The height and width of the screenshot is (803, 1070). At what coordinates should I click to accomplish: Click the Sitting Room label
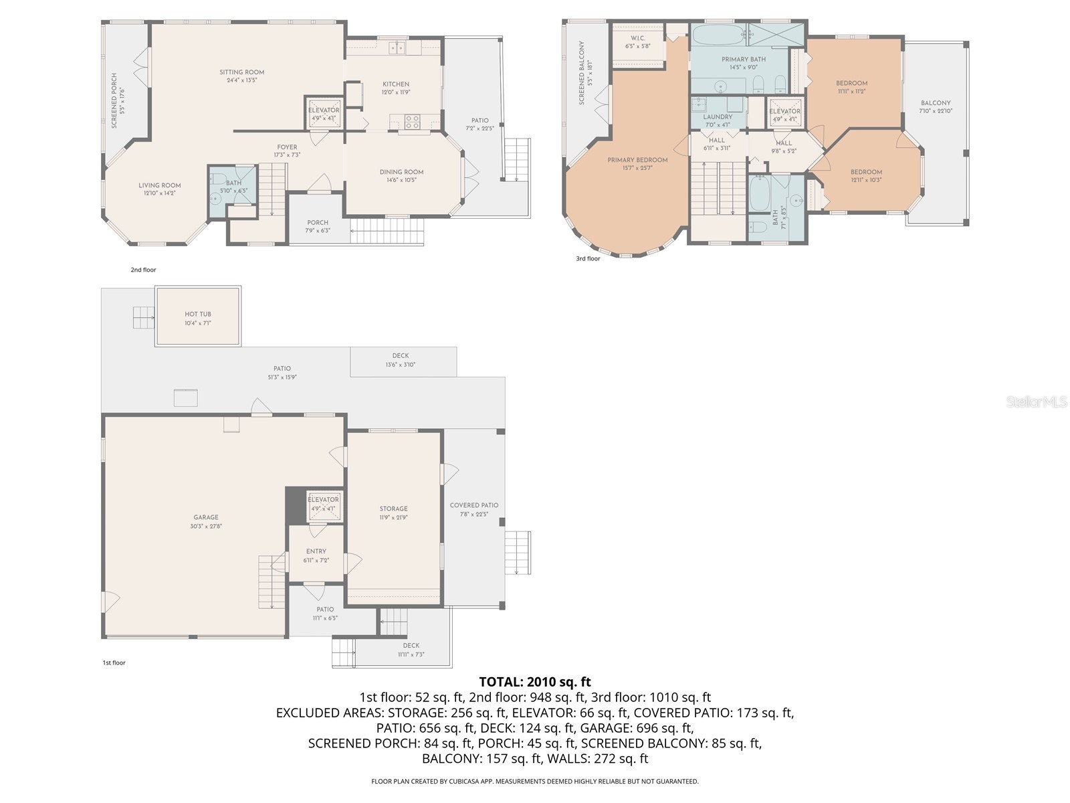242,72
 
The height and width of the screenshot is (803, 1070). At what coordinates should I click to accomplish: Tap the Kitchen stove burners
413,121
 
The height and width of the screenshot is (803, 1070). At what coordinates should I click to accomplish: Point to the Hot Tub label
198,314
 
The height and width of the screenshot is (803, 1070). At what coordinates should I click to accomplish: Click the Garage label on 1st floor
206,517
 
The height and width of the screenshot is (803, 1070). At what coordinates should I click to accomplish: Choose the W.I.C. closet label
637,38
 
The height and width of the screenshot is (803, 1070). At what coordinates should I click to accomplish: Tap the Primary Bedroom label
637,160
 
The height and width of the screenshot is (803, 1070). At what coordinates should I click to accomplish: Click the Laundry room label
718,117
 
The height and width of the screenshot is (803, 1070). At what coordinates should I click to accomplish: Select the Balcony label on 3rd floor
935,103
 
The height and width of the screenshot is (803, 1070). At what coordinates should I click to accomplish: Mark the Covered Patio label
473,505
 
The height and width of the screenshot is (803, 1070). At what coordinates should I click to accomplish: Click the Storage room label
393,509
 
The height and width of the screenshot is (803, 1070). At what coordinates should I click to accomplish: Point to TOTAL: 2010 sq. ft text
534,682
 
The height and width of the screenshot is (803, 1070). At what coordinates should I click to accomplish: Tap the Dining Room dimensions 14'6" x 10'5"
401,180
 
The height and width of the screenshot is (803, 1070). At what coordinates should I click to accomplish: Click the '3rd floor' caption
588,258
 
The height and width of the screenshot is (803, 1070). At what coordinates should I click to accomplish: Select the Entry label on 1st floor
316,551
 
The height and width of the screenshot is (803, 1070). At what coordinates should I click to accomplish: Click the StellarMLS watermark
1037,402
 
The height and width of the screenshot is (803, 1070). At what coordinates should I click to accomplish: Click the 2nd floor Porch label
318,223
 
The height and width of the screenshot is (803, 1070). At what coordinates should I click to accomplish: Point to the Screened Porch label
114,100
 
